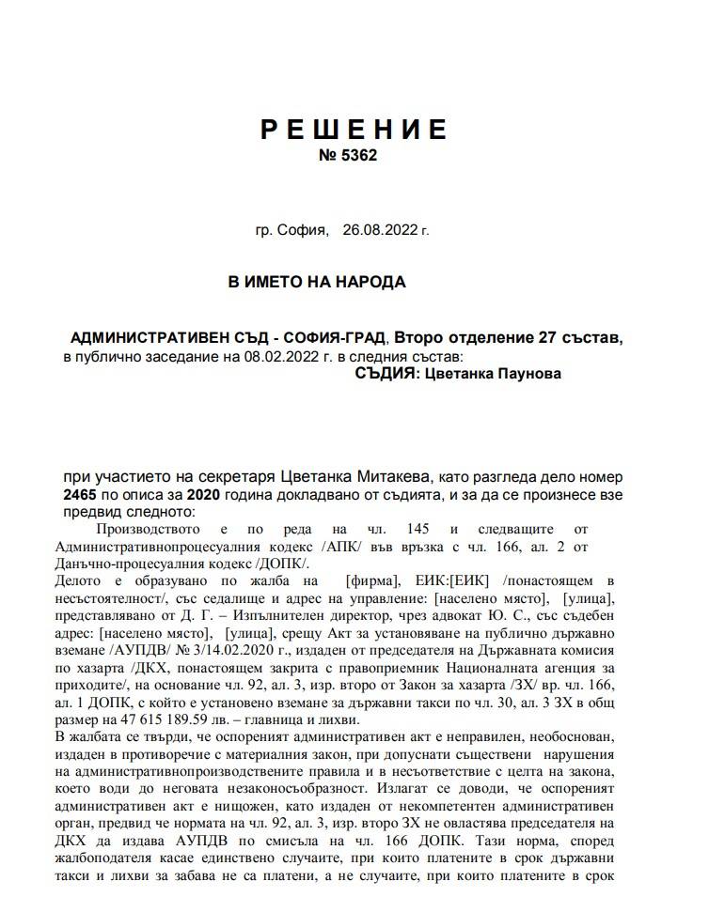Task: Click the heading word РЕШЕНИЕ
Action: (354, 130)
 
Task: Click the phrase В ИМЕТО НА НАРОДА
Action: (317, 283)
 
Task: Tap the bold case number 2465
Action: (81, 495)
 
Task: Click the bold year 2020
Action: (205, 495)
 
